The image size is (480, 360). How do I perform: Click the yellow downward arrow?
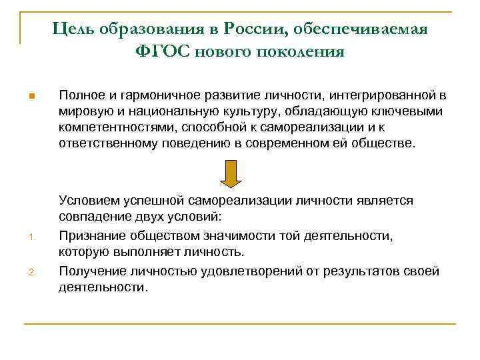pyautogui.click(x=231, y=174)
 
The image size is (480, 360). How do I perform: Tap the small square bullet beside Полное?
pyautogui.click(x=31, y=97)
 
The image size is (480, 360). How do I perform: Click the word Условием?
pyautogui.click(x=85, y=201)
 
